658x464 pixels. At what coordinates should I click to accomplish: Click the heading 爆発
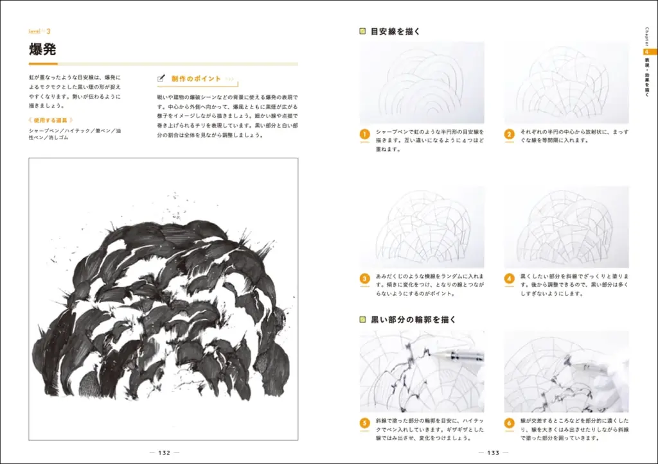43,50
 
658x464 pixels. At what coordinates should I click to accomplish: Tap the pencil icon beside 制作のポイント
162,78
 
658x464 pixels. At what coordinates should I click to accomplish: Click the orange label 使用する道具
51,120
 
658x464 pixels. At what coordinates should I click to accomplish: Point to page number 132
164,452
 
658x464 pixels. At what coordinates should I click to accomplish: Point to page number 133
493,452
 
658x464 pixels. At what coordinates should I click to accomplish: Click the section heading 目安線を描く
395,31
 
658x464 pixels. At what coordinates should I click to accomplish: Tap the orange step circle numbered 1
364,134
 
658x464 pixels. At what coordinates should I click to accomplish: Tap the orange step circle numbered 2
509,134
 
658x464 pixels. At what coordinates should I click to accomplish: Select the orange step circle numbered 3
364,278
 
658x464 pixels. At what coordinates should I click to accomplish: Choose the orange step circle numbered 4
509,278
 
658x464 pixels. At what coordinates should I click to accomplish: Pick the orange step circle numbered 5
364,423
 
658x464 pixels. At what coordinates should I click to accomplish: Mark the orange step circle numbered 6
509,423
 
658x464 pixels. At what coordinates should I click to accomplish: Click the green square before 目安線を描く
363,31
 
